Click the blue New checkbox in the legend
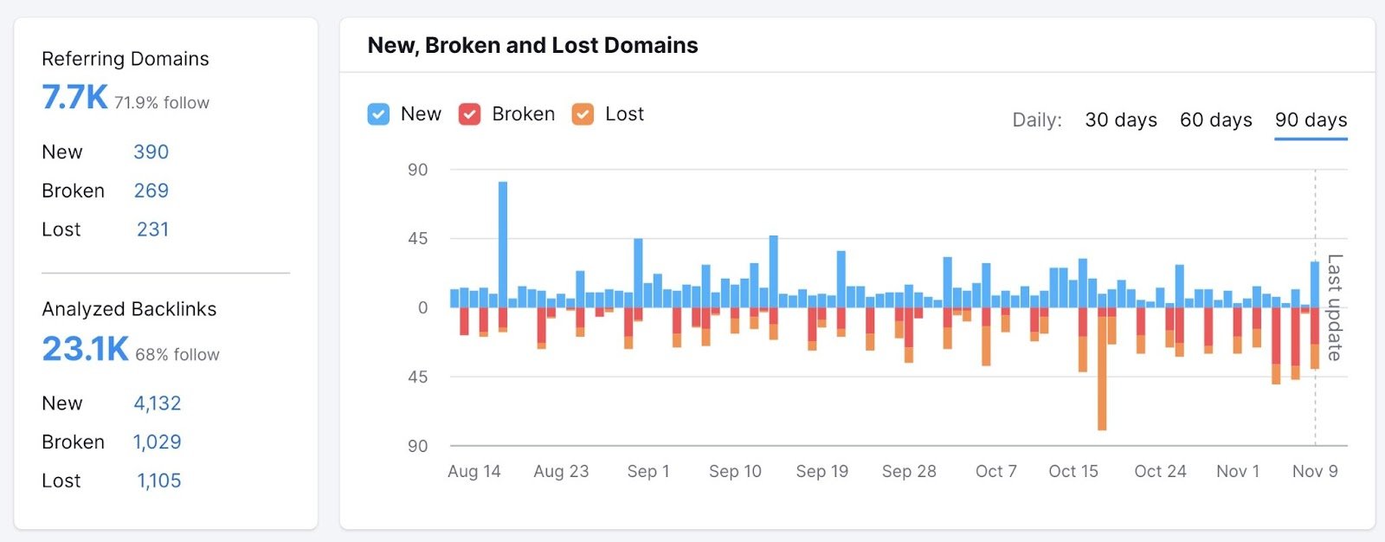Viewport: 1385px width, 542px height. click(x=378, y=114)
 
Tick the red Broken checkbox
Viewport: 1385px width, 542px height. click(x=469, y=114)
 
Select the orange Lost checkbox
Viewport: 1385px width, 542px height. click(x=583, y=114)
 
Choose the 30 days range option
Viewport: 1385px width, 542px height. click(x=1121, y=120)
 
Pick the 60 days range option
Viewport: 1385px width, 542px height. click(x=1215, y=120)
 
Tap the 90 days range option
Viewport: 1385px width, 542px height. click(x=1311, y=120)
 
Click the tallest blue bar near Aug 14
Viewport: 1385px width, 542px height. click(x=503, y=242)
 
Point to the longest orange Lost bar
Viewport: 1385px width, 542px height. click(x=1102, y=372)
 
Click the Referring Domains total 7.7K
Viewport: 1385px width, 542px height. click(x=74, y=98)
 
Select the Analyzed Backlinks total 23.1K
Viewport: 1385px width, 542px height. click(x=85, y=349)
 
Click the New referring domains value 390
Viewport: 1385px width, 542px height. click(x=151, y=152)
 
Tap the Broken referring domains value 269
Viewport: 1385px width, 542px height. click(x=151, y=191)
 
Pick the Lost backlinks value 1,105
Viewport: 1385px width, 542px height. click(x=158, y=481)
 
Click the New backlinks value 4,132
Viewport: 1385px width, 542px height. click(x=157, y=403)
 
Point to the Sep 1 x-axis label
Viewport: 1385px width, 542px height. click(x=648, y=472)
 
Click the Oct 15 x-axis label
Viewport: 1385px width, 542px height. click(x=1073, y=472)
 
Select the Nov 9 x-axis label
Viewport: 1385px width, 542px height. click(x=1314, y=472)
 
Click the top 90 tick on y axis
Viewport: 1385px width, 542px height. click(x=417, y=171)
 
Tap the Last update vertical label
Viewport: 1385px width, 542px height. click(x=1334, y=307)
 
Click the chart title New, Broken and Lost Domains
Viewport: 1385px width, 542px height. click(x=532, y=46)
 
